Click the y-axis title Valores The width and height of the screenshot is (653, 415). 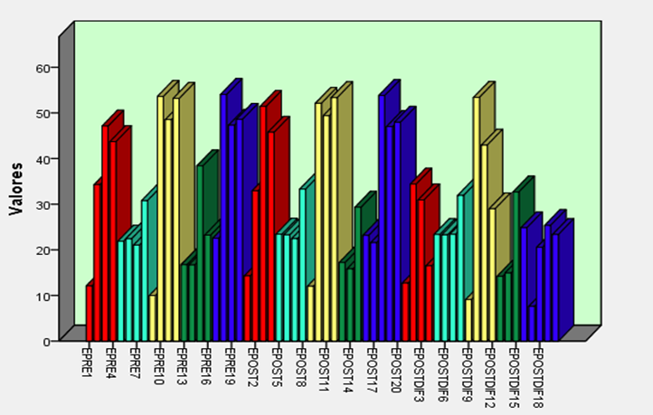(16, 189)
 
